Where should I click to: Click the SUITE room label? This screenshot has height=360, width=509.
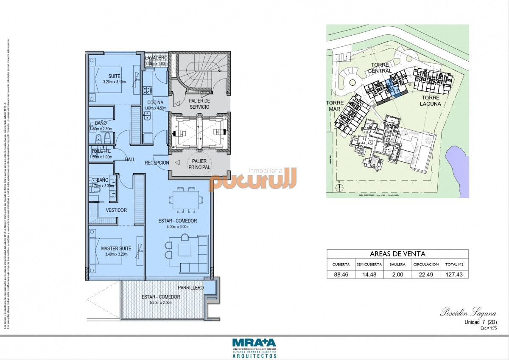(x=114, y=76)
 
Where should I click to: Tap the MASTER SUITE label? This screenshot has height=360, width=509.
(x=116, y=248)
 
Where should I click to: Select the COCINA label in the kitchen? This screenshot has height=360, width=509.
(x=155, y=103)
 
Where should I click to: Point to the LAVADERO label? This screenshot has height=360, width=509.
(x=156, y=58)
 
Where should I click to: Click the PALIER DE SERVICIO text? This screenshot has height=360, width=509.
(x=199, y=104)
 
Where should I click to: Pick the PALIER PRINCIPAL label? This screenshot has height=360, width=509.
(x=199, y=164)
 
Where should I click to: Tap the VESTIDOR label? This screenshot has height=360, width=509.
(x=116, y=210)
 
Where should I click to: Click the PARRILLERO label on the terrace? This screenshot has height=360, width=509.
(x=190, y=288)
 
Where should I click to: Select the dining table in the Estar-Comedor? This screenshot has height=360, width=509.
(x=186, y=200)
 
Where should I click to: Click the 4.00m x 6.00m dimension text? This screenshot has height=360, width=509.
(x=178, y=227)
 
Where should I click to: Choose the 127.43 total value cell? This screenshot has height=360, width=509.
(x=454, y=275)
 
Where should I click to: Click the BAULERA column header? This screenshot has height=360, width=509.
(x=397, y=264)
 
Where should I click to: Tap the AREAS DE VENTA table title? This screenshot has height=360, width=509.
(x=397, y=254)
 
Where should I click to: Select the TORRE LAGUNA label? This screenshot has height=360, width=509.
(x=430, y=101)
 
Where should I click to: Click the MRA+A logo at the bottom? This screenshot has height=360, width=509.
(x=254, y=343)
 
